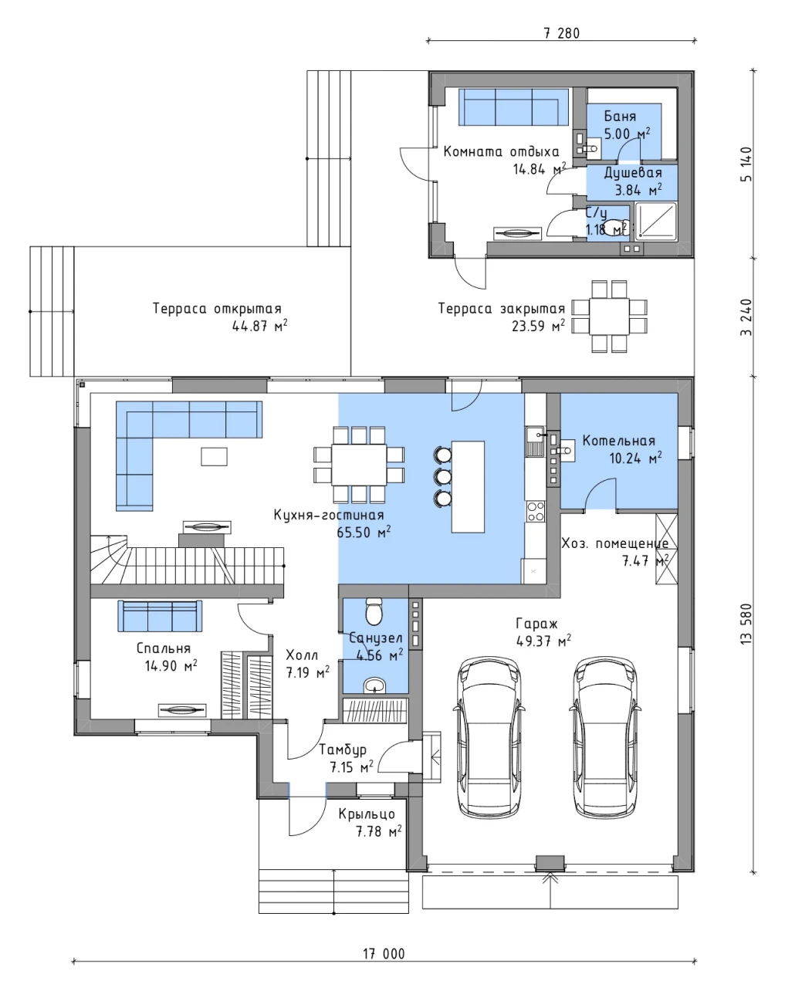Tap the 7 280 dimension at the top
pyautogui.click(x=561, y=33)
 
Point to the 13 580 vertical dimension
pyautogui.click(x=746, y=624)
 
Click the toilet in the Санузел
pyautogui.click(x=374, y=611)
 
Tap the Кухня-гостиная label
pyautogui.click(x=329, y=515)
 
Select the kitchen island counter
pyautogui.click(x=468, y=486)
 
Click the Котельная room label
pyautogui.click(x=618, y=441)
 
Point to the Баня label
pyautogui.click(x=620, y=116)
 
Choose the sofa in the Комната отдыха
pyautogui.click(x=514, y=107)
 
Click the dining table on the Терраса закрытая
pyautogui.click(x=609, y=316)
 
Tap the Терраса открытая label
pyautogui.click(x=217, y=309)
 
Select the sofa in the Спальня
pyautogui.click(x=160, y=616)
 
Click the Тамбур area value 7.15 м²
pyautogui.click(x=351, y=766)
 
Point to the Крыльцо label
pyautogui.click(x=367, y=814)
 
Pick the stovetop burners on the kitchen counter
pyautogui.click(x=535, y=512)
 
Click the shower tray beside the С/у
pyautogui.click(x=656, y=222)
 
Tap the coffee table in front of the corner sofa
pyautogui.click(x=214, y=456)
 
